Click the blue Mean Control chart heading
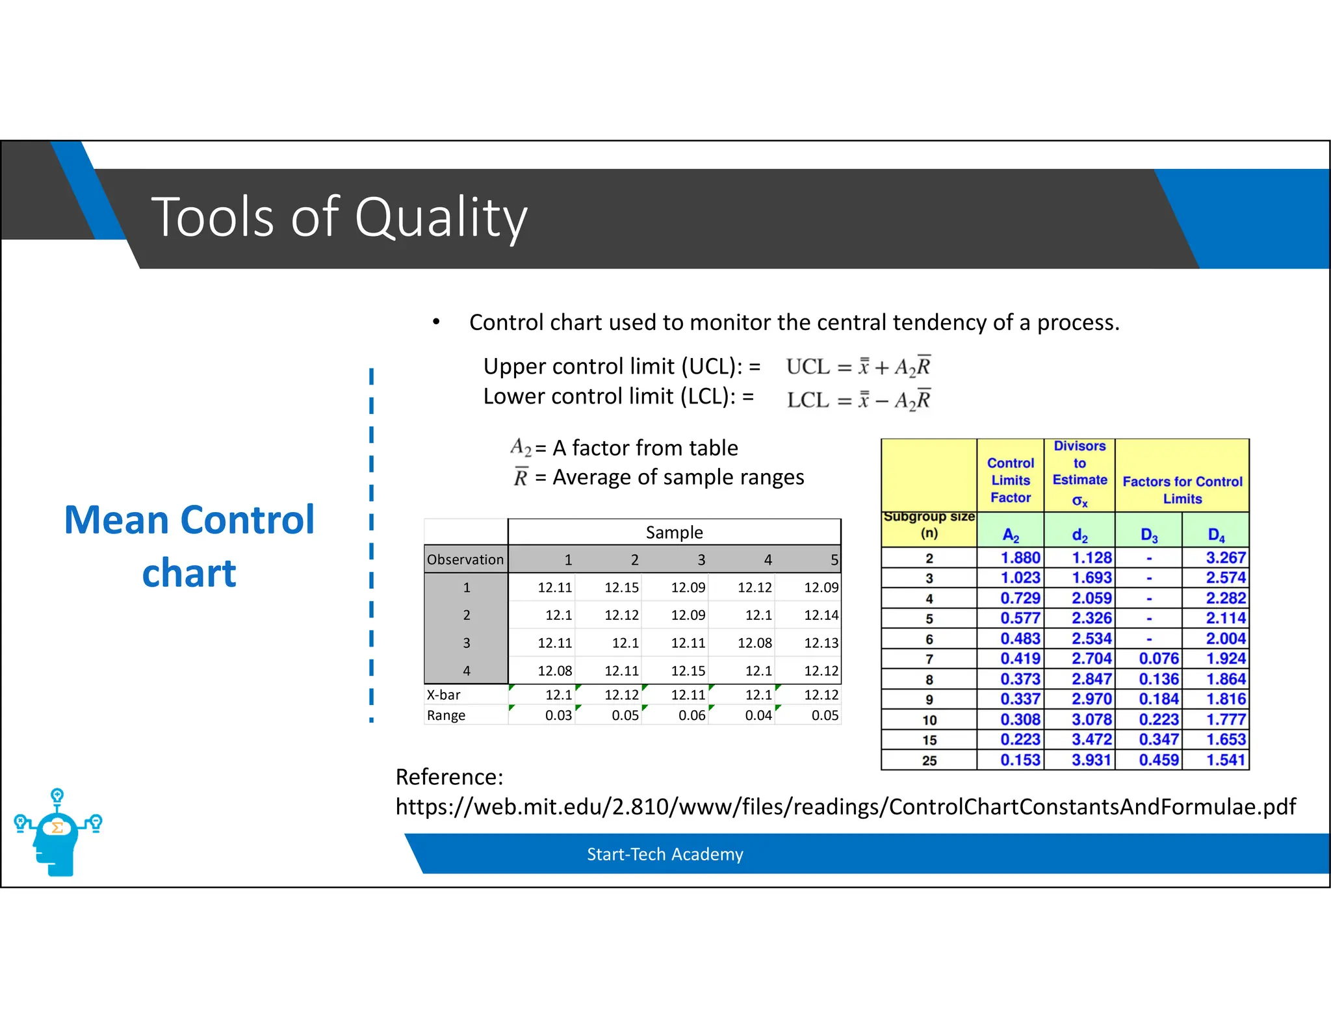coord(189,546)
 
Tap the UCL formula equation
coord(858,367)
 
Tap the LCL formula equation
coord(858,400)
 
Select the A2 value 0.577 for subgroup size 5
coord(1020,618)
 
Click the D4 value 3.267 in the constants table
coord(1225,558)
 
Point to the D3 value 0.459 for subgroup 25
coord(1158,760)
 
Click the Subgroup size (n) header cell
coord(929,525)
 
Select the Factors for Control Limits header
coord(1182,490)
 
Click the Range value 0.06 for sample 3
coord(691,715)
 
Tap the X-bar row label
coord(444,695)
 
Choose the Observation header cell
coord(465,559)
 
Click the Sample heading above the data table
coord(674,532)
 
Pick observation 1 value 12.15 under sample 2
coord(621,587)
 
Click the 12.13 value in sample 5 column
coord(821,643)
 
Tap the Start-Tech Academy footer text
coord(665,854)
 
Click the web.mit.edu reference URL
coord(845,806)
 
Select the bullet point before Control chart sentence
coord(436,322)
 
